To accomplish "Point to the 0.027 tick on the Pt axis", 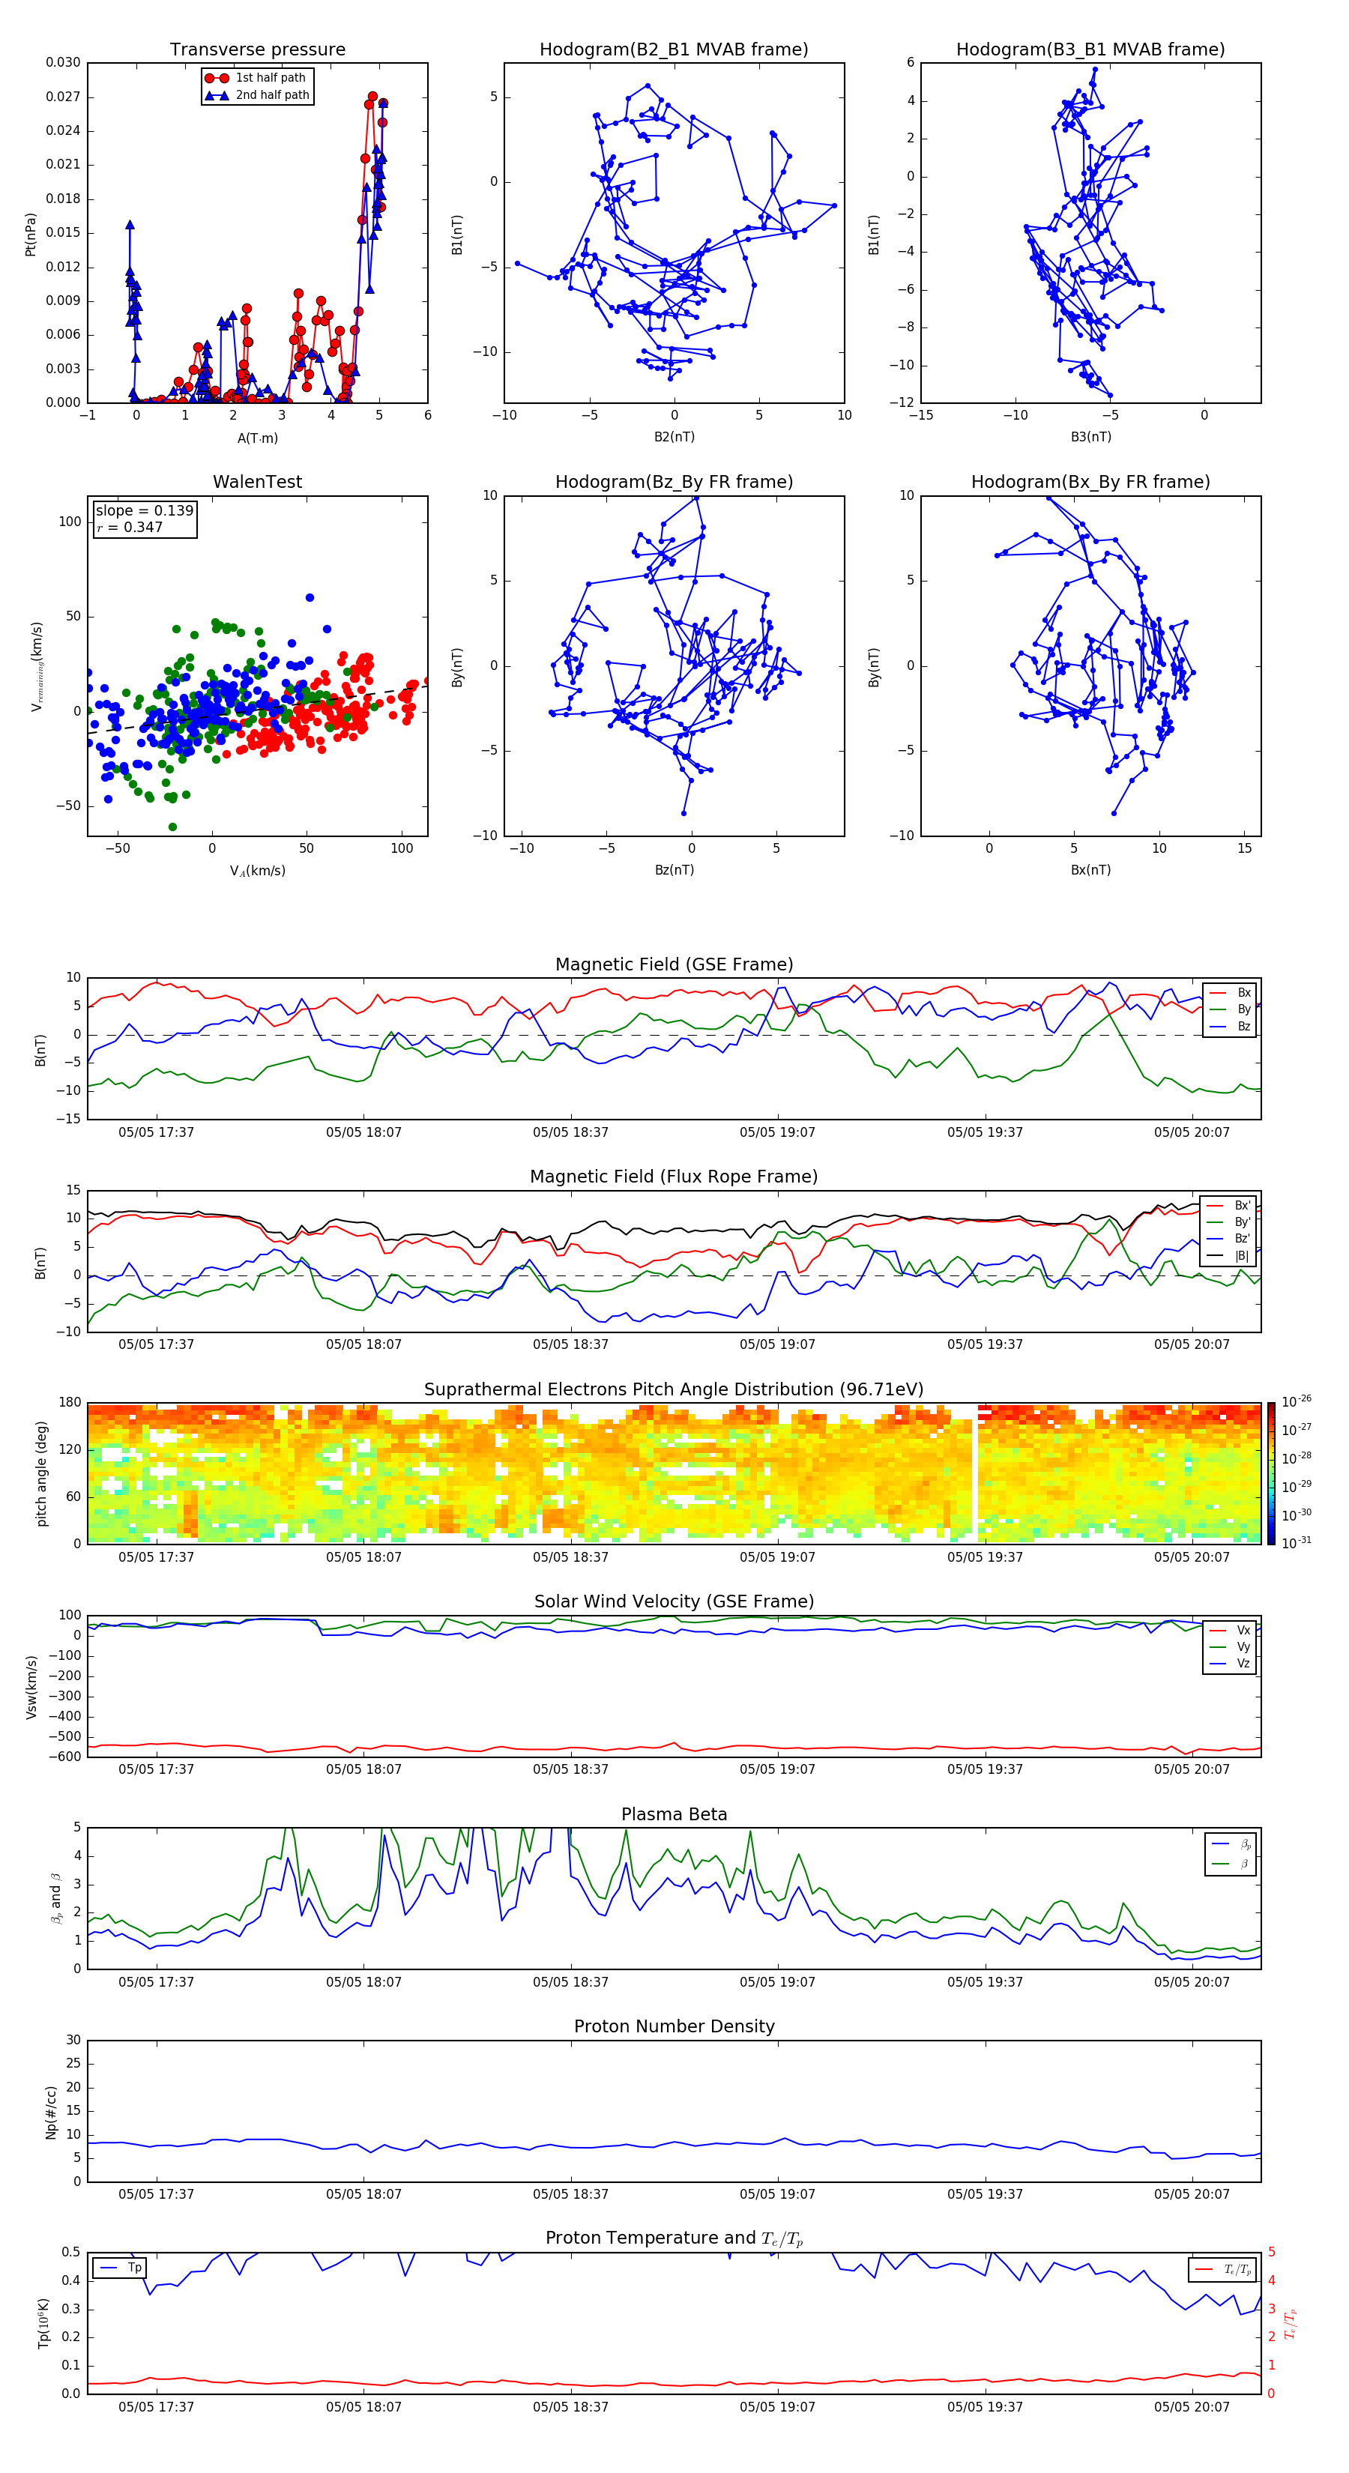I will point(64,97).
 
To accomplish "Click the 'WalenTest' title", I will point(257,482).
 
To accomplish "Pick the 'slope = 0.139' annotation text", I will point(144,511).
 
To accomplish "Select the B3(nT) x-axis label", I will point(1090,437).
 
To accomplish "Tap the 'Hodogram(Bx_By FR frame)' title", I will point(1090,482).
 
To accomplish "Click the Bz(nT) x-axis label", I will point(674,870).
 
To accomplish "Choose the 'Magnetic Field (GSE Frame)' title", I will point(674,964).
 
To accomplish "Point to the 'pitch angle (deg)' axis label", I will point(42,1473).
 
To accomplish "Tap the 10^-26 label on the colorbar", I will point(1297,1401).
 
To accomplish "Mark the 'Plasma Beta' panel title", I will point(674,1814).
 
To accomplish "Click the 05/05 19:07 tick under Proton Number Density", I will point(776,2193).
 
